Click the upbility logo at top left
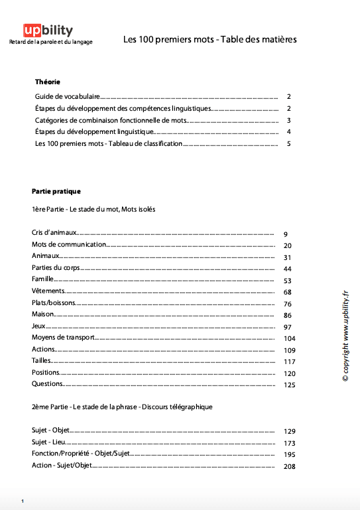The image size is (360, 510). (x=48, y=31)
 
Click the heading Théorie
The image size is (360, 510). (x=48, y=82)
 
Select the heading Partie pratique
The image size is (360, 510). (x=56, y=191)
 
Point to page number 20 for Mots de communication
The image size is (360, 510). (x=288, y=246)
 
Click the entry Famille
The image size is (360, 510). (x=42, y=280)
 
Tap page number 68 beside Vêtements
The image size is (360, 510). (x=288, y=292)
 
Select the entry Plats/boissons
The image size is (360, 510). (x=54, y=303)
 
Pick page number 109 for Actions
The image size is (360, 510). (x=288, y=350)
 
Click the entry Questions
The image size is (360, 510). (x=47, y=384)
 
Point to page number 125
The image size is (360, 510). (x=288, y=385)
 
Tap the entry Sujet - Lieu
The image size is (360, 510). (x=49, y=442)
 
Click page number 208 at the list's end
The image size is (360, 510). (x=288, y=467)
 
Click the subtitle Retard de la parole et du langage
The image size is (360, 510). (x=50, y=42)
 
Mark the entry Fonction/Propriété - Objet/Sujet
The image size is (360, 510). (x=81, y=454)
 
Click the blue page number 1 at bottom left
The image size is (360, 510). (x=23, y=500)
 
